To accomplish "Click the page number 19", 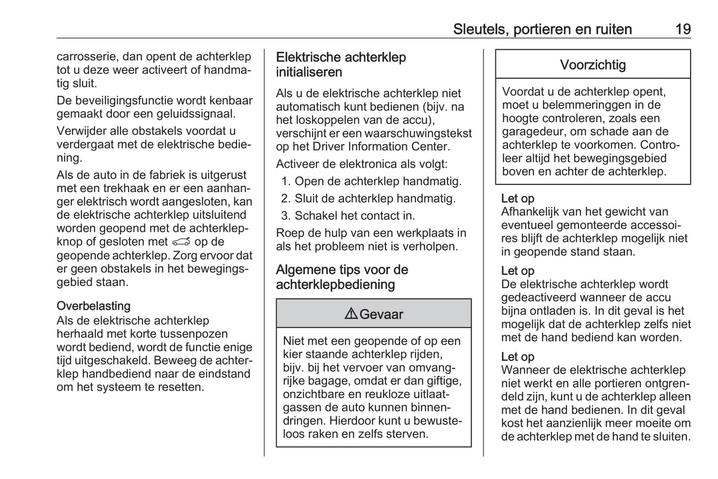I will (x=683, y=29).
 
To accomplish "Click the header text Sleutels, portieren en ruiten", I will (x=542, y=29).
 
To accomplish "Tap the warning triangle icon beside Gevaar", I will (x=351, y=314).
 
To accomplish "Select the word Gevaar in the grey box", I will (x=381, y=314).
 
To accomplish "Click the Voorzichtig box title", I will (x=593, y=65).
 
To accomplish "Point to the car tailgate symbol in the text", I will (x=181, y=242).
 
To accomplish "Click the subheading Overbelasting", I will (x=93, y=306).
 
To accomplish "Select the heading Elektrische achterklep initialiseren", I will (x=341, y=65).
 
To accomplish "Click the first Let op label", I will (x=518, y=199).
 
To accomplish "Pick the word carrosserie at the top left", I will (x=86, y=57).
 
